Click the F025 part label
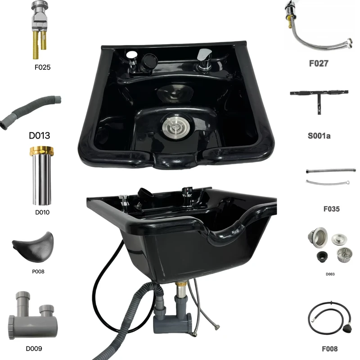[42, 67]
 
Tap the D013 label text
[40, 135]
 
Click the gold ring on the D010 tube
[41, 151]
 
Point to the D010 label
[42, 212]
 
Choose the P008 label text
[38, 272]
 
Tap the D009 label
[34, 349]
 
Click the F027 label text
[319, 63]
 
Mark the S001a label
[319, 136]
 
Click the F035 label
[332, 209]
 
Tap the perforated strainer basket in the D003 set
[344, 255]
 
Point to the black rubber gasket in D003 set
[322, 256]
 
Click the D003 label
[330, 274]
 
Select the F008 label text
[330, 349]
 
